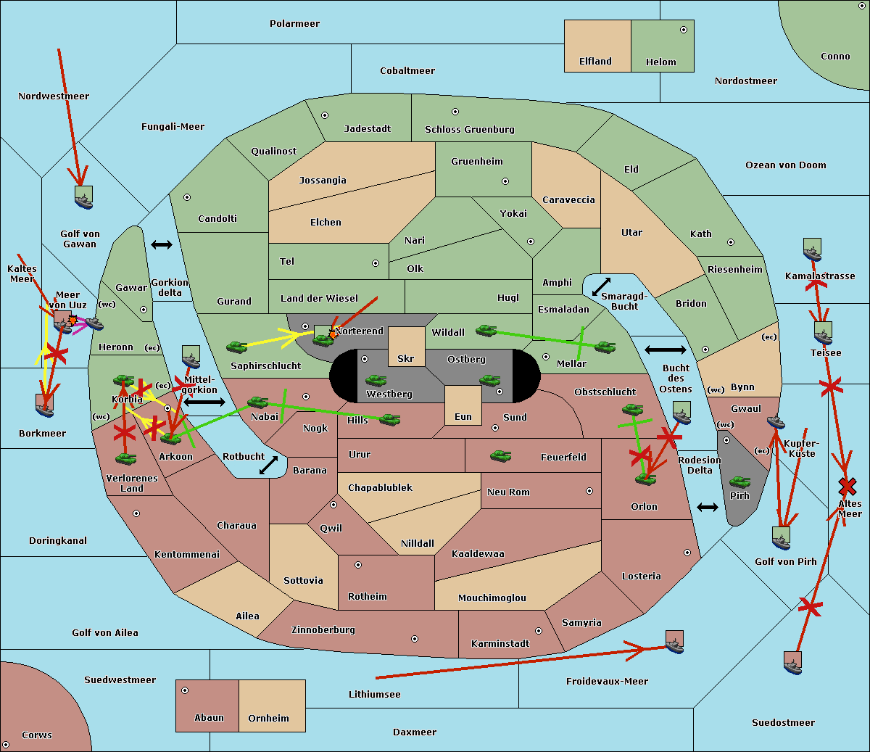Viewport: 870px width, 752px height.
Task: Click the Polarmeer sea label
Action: tap(294, 24)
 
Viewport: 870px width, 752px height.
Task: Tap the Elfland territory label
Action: tap(595, 62)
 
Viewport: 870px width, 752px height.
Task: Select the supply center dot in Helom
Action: tap(683, 30)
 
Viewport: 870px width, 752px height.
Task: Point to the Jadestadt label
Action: tap(367, 129)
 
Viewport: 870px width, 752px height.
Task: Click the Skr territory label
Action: tap(406, 359)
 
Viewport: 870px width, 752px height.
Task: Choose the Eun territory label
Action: tap(463, 417)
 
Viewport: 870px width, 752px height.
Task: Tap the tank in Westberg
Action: tap(376, 381)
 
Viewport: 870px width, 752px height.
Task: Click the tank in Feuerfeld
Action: tap(500, 456)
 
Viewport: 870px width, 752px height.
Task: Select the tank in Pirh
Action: tap(739, 482)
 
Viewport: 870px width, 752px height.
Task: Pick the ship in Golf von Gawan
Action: tap(83, 197)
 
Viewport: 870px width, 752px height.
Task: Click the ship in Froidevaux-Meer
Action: tap(674, 642)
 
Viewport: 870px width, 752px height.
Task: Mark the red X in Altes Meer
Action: tap(847, 486)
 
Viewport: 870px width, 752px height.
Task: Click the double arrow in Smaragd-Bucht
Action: tap(601, 286)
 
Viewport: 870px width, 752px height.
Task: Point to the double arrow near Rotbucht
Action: tap(268, 466)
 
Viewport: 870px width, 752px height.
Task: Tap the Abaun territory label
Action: tap(209, 718)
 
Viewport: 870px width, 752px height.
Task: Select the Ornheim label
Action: tap(268, 719)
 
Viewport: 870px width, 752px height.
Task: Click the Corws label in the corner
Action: tap(36, 735)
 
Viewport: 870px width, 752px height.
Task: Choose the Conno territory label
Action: tap(835, 57)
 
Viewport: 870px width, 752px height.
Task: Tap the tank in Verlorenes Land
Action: tap(125, 459)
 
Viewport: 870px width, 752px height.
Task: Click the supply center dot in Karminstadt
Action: tap(538, 631)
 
